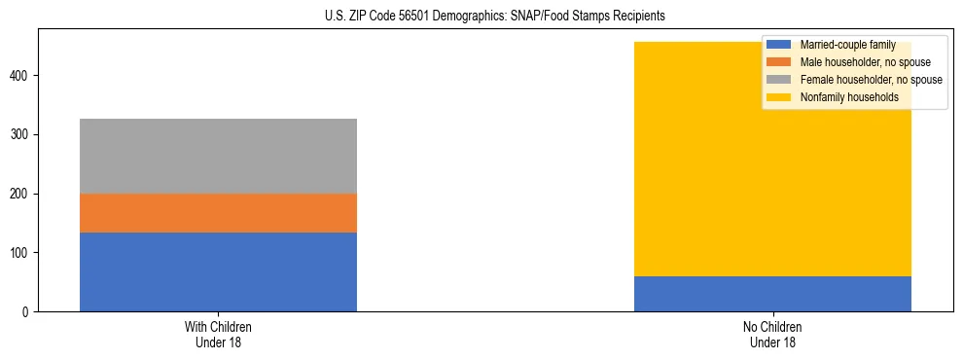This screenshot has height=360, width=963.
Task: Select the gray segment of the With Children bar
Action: (218, 156)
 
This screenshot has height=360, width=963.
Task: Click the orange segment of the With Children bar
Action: (218, 213)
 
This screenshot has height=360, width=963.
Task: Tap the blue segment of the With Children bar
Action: (218, 271)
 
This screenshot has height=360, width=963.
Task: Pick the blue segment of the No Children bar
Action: (772, 294)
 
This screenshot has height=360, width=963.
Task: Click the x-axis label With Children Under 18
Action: (218, 334)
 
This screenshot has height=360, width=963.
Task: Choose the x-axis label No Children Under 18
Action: (772, 334)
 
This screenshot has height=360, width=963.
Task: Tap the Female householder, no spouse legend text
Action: (871, 80)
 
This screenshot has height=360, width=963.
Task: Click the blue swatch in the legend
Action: (779, 45)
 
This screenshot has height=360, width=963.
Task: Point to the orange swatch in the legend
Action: (779, 62)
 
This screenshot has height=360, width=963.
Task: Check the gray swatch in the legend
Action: (779, 80)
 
